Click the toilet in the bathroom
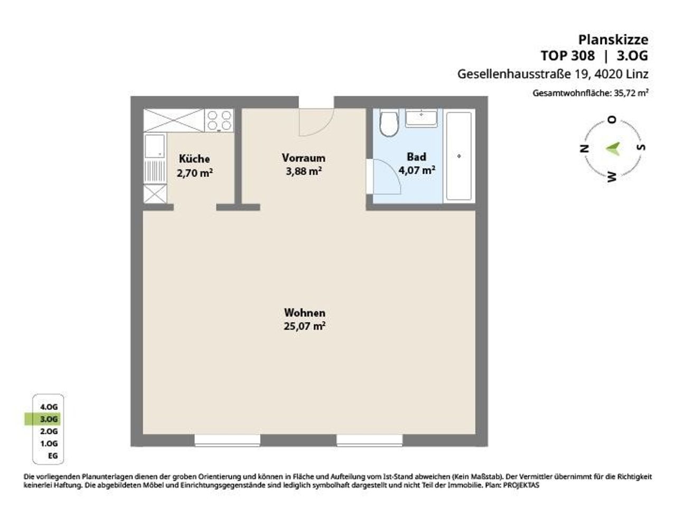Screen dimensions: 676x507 389,123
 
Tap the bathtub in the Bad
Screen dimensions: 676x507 458,156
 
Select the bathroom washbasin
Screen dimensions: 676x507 421,118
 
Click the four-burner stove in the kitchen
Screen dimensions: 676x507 219,120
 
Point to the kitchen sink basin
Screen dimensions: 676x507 155,146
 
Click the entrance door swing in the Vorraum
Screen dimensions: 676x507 316,122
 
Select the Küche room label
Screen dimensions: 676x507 194,159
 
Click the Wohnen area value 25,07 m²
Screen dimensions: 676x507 305,326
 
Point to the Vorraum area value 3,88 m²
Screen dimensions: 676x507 304,171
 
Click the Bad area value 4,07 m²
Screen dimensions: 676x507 417,170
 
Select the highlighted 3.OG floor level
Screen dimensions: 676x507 49,419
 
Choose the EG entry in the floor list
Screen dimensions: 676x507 53,456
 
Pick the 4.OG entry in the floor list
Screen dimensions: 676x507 49,407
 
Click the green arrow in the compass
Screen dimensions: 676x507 613,149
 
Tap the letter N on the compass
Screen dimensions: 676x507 584,149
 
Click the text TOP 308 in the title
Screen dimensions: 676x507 568,56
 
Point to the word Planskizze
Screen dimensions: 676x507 613,40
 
